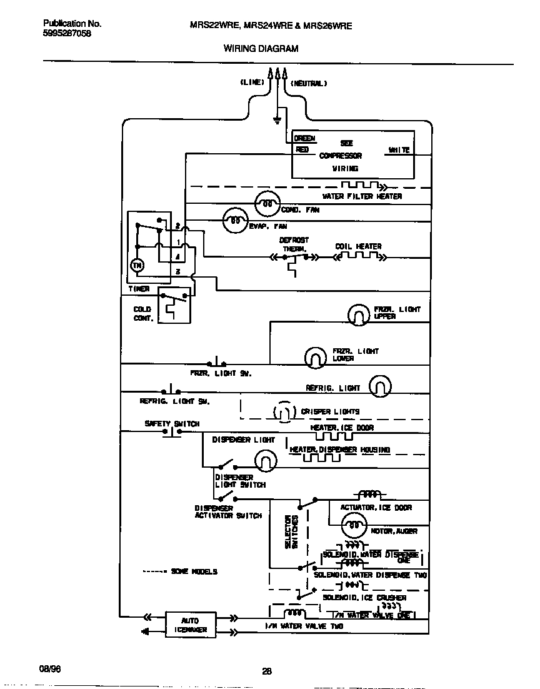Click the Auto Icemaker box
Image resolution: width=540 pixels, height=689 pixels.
(191, 625)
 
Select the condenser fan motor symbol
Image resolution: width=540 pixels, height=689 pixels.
(267, 203)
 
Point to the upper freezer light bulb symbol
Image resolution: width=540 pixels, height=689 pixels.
(358, 315)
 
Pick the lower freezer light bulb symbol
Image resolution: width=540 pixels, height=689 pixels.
(316, 357)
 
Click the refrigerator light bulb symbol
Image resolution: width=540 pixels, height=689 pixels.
(380, 387)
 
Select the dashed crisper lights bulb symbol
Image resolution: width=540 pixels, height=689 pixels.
(284, 411)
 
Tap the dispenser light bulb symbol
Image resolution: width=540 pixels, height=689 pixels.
(265, 461)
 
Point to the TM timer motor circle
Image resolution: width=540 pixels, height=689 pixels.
(137, 266)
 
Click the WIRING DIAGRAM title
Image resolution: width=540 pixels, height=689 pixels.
(261, 48)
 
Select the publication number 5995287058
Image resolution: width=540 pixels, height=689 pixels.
(67, 34)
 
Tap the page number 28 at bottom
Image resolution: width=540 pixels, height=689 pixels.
(266, 672)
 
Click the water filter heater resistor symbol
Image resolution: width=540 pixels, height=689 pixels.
(362, 186)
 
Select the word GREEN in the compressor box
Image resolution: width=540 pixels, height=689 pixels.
(305, 138)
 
